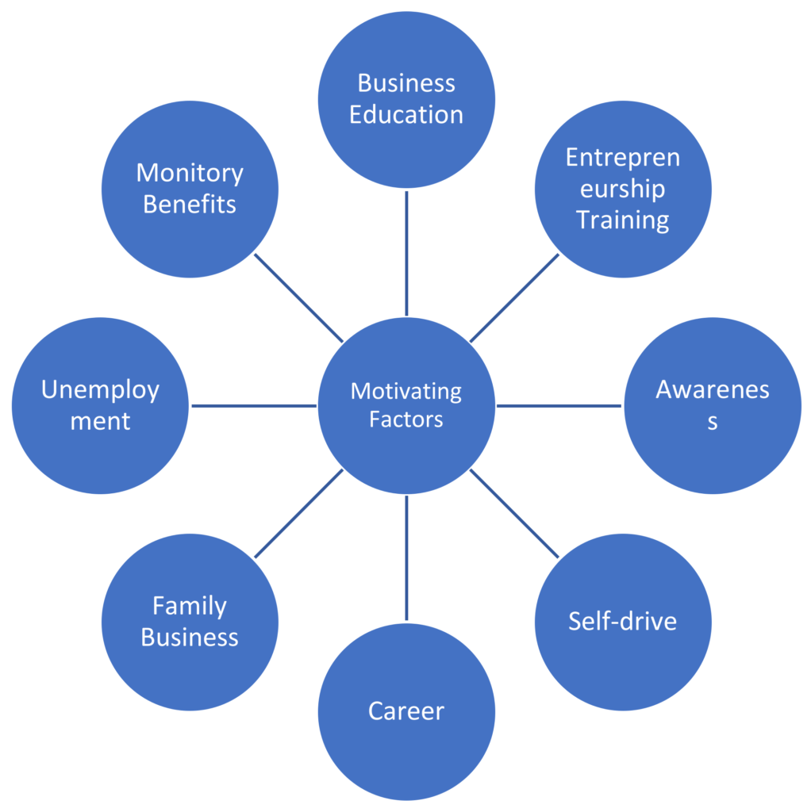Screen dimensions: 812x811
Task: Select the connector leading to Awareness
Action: point(559,405)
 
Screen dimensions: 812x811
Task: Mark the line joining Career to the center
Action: point(406,558)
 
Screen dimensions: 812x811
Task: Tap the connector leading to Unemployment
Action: point(254,405)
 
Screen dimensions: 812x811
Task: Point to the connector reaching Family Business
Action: point(298,513)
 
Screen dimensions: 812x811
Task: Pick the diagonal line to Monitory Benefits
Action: point(298,297)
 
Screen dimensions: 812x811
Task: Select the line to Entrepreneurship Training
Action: point(514,297)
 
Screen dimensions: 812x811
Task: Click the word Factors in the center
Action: point(406,419)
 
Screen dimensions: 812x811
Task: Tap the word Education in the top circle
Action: point(406,114)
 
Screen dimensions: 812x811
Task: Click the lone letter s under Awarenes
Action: point(713,422)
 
